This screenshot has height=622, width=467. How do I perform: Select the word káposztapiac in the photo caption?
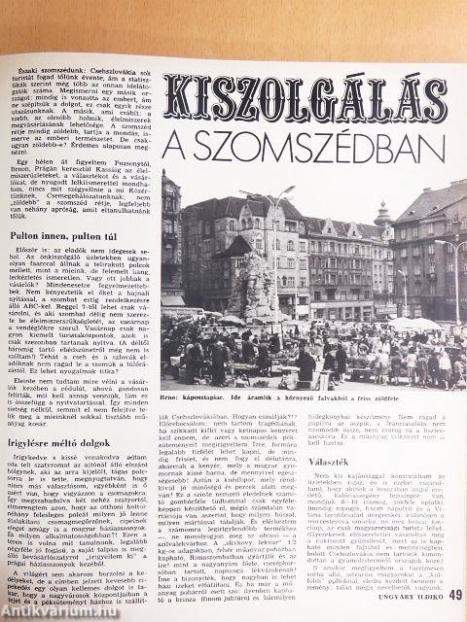(207, 397)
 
